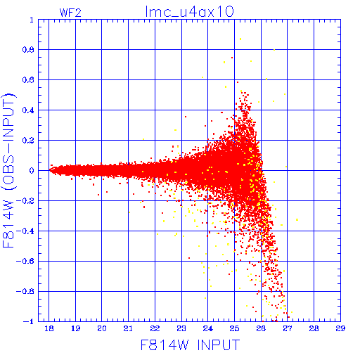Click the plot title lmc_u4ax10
(189, 12)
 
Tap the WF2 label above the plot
(70, 13)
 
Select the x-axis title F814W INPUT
(190, 345)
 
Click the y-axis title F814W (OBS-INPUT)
(9, 170)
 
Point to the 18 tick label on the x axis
(49, 328)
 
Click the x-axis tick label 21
(128, 328)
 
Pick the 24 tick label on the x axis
(207, 328)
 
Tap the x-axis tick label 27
(287, 328)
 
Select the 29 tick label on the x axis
(340, 328)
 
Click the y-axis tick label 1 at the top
(32, 20)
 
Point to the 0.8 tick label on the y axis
(28, 50)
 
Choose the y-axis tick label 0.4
(28, 110)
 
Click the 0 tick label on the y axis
(32, 170)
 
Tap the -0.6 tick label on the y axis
(25, 261)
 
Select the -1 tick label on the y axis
(29, 321)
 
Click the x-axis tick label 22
(155, 328)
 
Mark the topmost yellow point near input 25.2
(240, 39)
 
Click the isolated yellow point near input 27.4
(297, 219)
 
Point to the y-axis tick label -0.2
(25, 201)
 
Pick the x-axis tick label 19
(75, 328)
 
